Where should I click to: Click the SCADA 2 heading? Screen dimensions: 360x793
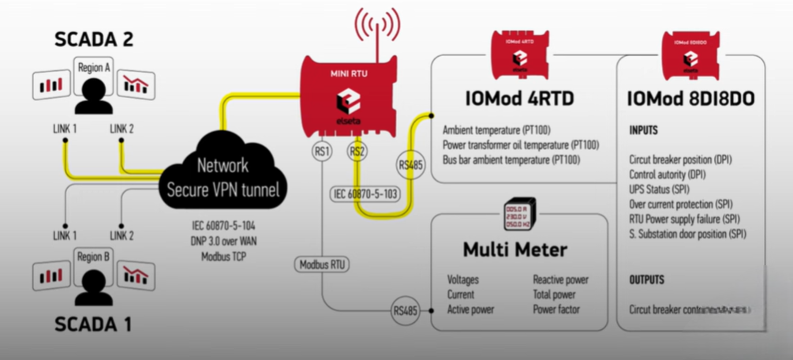94,39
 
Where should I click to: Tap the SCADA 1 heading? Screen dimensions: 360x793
94,323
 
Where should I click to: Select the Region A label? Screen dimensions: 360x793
94,68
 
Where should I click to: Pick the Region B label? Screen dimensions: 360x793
94,257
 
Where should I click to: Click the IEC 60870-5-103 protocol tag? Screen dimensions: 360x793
366,192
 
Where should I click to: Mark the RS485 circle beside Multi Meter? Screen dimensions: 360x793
407,311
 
